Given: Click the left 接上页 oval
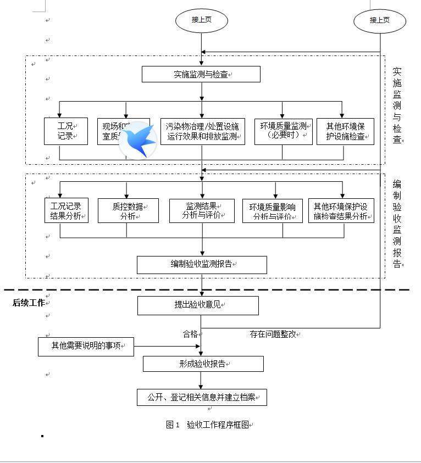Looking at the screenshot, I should click(x=201, y=20).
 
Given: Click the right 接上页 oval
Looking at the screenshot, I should click(x=380, y=20).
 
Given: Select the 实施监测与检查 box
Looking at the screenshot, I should click(x=201, y=74).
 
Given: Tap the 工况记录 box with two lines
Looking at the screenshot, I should click(x=65, y=131).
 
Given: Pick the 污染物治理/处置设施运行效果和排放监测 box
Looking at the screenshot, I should click(x=202, y=131).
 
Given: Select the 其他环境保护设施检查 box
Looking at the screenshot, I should click(x=345, y=131).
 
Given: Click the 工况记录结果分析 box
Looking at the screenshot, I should click(x=65, y=211).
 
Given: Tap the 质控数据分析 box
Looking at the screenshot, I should click(x=128, y=211).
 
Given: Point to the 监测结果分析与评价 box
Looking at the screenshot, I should click(x=202, y=211).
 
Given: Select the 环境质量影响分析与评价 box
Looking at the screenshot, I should click(x=273, y=211).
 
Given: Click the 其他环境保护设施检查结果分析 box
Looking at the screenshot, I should click(x=341, y=211).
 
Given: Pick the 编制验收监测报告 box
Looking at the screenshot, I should click(x=202, y=265).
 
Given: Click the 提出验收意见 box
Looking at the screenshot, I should click(x=198, y=305).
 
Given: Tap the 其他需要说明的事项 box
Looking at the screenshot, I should click(x=86, y=347).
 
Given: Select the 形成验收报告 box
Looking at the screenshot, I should click(x=203, y=364).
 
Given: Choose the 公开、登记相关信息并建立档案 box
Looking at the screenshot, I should click(x=202, y=397).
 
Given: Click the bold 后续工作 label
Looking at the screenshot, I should click(x=29, y=302).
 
